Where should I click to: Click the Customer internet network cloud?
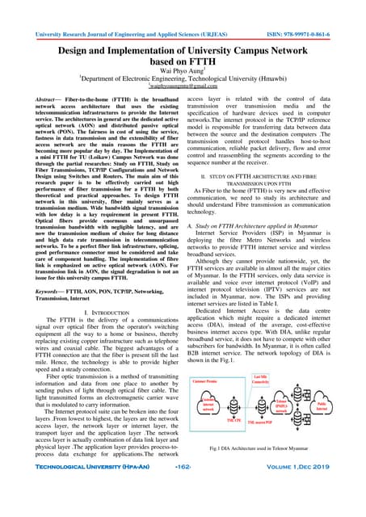(x=212, y=427)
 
